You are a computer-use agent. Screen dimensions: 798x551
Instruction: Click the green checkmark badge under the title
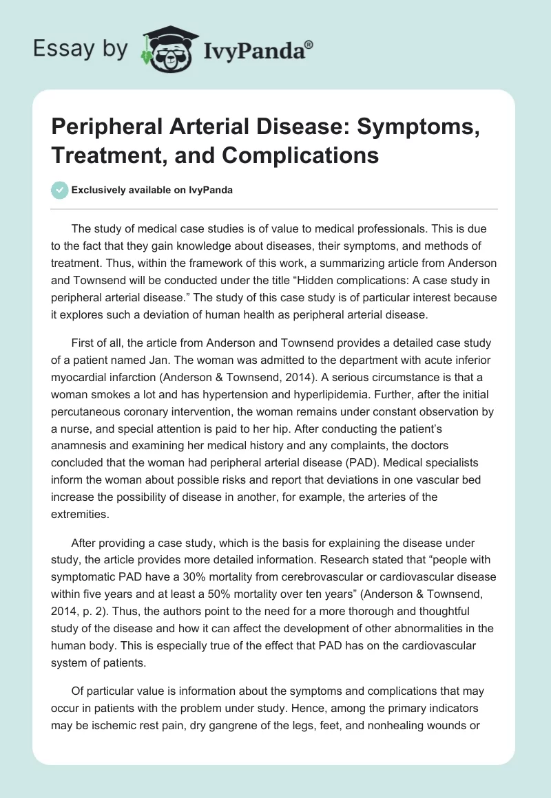[x=60, y=190]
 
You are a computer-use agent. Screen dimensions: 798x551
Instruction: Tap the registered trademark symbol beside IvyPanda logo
[x=309, y=44]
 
